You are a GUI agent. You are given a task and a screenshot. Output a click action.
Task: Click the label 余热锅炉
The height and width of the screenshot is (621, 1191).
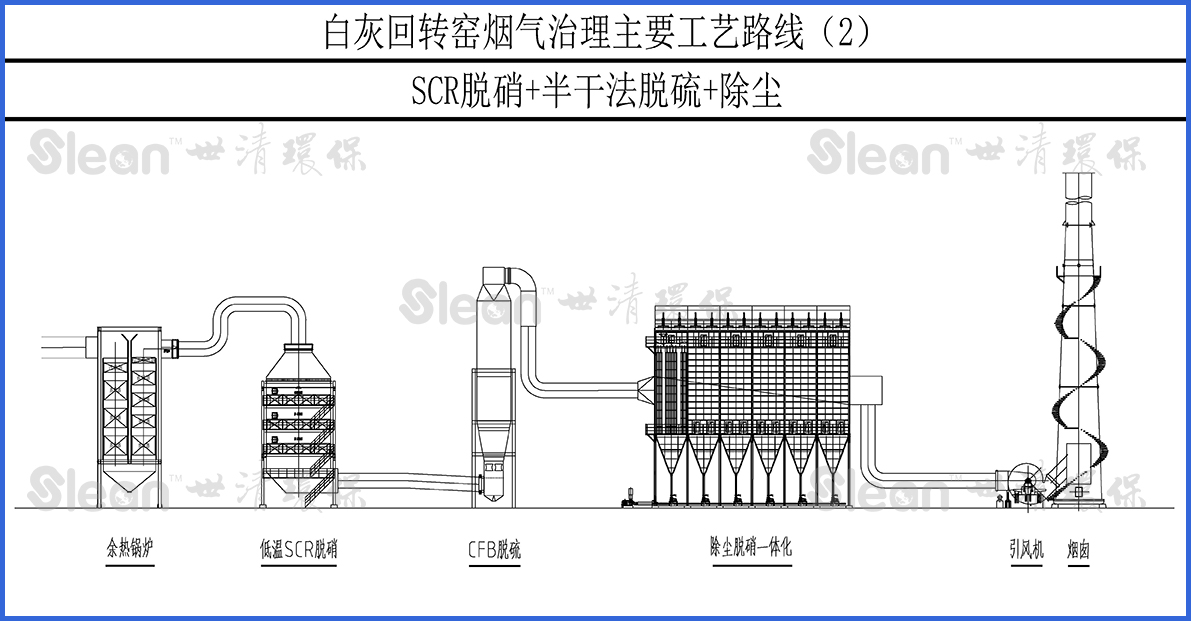130,549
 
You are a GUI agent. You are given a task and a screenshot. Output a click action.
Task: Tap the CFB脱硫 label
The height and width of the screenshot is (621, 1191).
494,549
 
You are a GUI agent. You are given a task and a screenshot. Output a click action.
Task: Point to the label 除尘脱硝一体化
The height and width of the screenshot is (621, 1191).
750,547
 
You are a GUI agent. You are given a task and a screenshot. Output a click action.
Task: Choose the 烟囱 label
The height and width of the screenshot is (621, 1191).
1077,549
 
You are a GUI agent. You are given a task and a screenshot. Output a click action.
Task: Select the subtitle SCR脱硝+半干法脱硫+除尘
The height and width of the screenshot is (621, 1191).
596,92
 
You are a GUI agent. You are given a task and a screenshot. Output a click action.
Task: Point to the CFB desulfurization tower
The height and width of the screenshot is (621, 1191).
492,400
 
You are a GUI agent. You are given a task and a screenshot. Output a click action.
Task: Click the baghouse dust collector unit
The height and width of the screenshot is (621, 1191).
750,400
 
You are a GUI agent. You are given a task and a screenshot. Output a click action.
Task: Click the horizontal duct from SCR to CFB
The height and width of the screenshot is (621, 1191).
410,484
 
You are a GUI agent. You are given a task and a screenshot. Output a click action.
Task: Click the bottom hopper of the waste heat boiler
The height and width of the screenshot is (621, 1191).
130,489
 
